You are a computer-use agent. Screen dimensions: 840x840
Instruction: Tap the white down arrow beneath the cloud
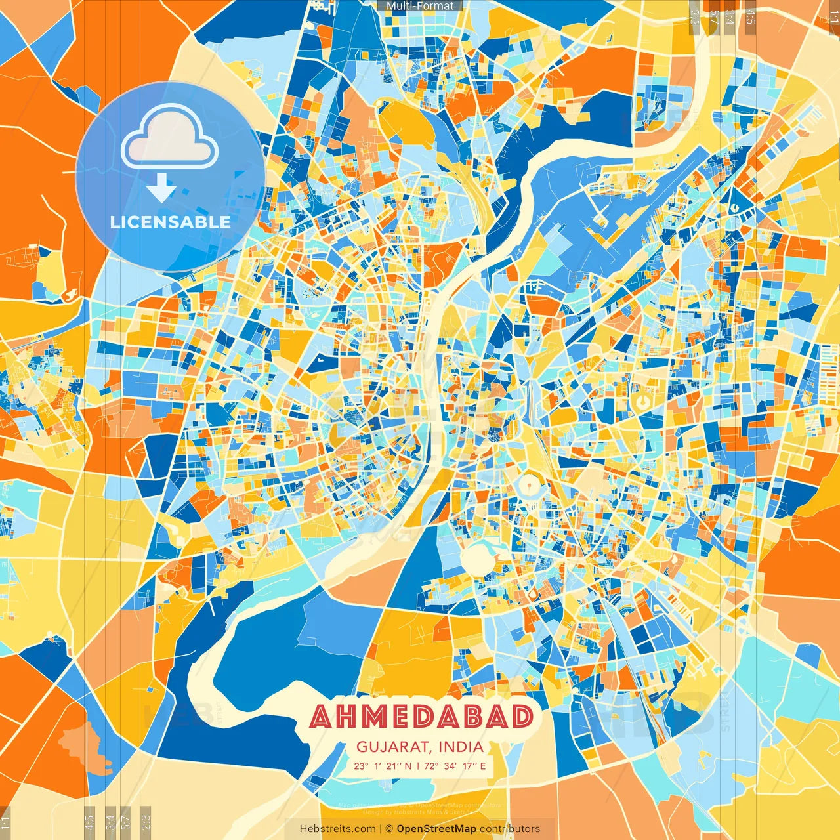point(161,189)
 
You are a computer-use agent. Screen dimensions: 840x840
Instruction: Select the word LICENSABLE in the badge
point(170,222)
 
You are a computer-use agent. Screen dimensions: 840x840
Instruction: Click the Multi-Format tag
point(420,6)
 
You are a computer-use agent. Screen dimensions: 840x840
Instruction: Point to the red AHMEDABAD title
point(421,717)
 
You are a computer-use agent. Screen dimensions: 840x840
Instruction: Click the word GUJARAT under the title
point(394,747)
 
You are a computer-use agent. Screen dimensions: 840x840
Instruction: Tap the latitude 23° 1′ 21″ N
point(383,766)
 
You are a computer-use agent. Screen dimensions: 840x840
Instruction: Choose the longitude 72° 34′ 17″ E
point(455,766)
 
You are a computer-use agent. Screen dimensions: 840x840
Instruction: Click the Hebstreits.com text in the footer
point(337,829)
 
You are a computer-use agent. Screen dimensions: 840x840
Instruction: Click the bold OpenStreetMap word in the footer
point(436,829)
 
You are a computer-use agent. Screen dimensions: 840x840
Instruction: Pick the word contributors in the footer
point(510,829)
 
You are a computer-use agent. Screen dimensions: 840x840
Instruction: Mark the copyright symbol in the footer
point(389,829)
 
